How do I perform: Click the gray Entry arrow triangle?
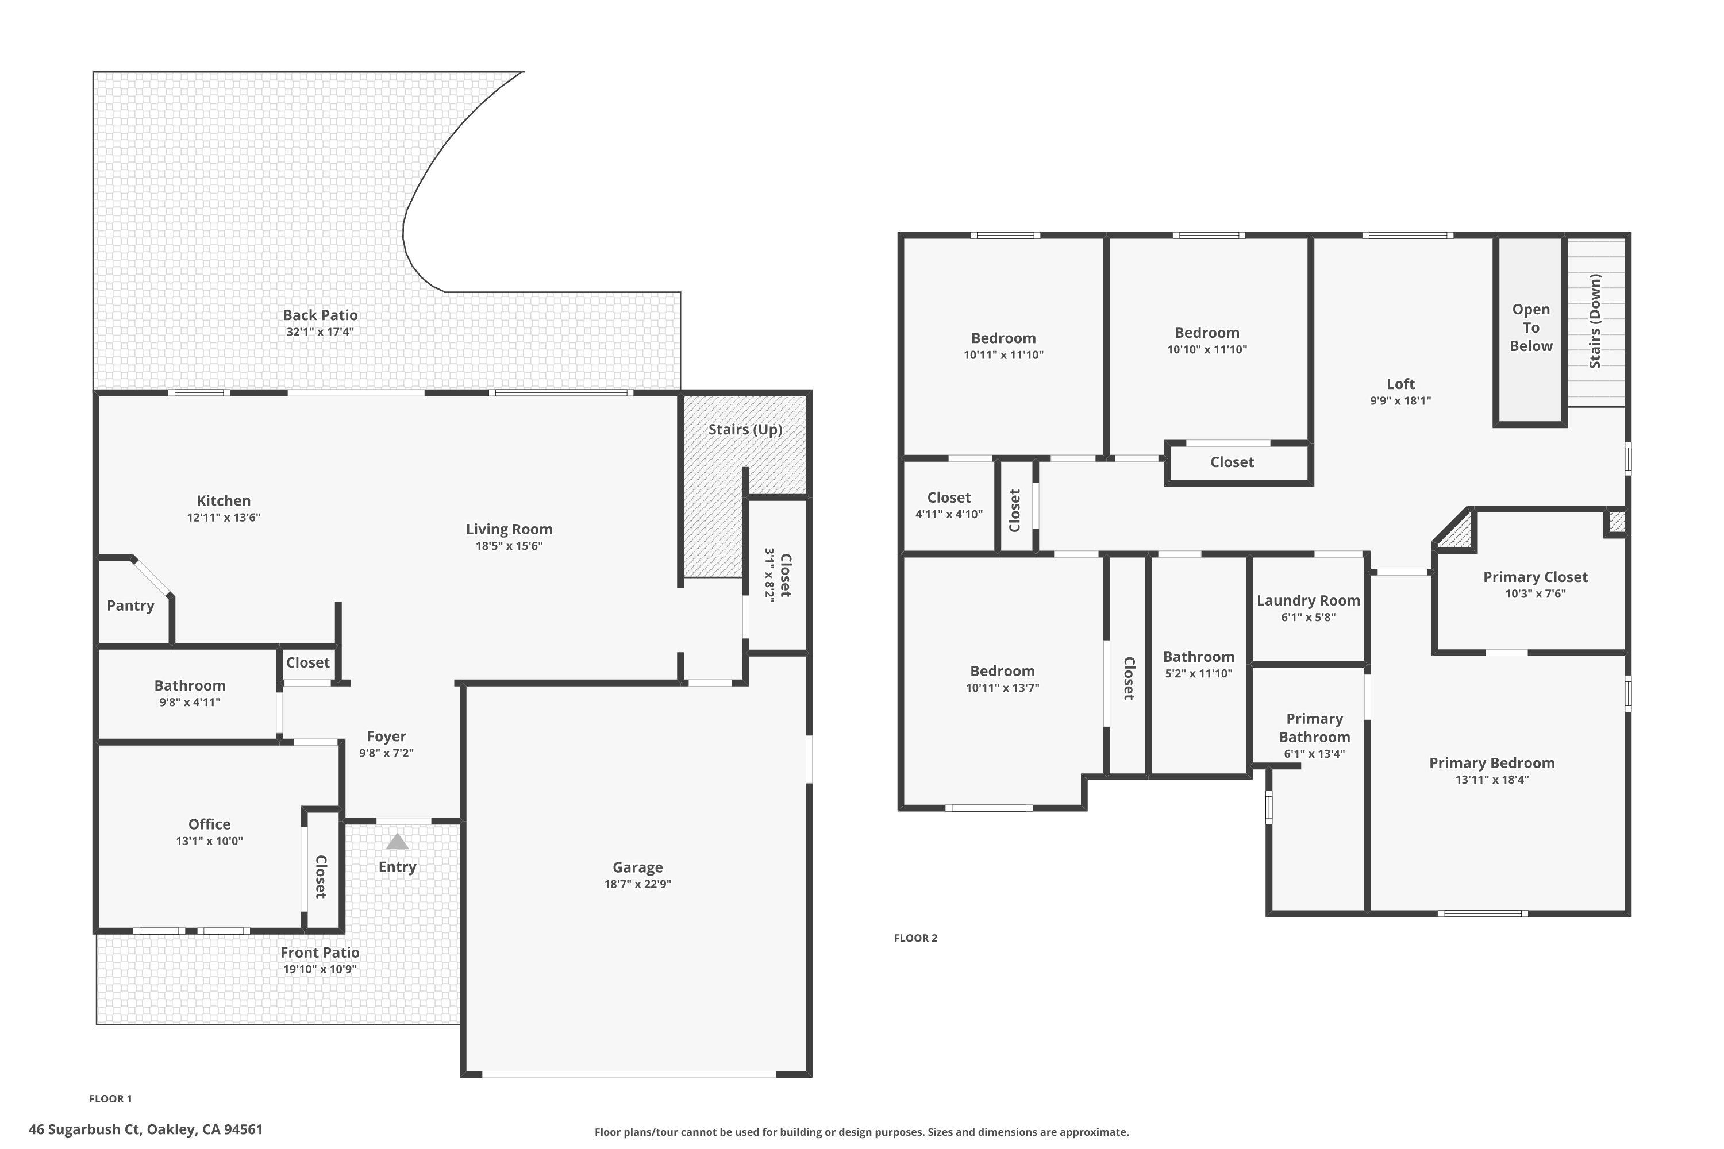397,842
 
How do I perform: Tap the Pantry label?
130,606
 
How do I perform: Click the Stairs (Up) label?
745,429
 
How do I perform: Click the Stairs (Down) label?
1595,321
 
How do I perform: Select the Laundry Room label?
1308,600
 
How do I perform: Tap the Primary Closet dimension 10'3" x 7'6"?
1535,593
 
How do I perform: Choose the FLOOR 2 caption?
915,938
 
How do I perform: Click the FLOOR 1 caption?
111,1098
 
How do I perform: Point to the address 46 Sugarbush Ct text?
146,1129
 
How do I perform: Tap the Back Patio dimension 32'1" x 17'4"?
320,332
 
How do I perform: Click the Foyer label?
386,737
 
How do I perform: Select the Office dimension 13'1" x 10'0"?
209,841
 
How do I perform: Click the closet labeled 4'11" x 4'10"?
949,506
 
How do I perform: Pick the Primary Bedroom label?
1492,763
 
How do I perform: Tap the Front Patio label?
320,953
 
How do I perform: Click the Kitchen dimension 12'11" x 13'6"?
224,518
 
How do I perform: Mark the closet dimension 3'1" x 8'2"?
769,574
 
